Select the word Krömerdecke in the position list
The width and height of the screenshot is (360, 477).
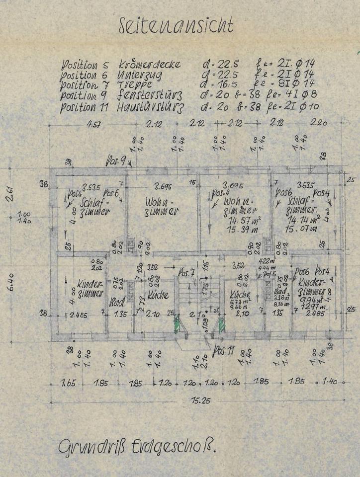[150, 64]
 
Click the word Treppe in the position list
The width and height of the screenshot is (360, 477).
[138, 85]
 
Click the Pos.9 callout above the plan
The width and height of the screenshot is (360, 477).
[115, 160]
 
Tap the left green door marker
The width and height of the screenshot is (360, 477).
[176, 325]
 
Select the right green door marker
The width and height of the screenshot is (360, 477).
[219, 326]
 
